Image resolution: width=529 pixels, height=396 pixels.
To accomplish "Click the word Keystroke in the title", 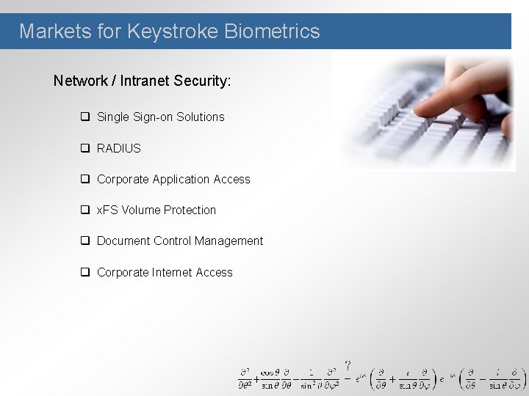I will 174,32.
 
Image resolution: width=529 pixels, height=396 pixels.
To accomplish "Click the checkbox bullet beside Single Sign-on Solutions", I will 85,117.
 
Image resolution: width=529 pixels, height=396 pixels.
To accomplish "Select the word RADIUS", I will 118,148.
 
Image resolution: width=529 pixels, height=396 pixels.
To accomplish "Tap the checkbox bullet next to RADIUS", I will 85,148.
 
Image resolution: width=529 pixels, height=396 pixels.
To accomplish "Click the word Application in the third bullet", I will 181,180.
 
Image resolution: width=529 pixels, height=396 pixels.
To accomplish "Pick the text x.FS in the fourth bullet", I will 107,210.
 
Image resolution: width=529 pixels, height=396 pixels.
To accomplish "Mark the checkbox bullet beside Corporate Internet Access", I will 85,272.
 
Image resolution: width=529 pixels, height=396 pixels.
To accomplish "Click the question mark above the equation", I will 348,364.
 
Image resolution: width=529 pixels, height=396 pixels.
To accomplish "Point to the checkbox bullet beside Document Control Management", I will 85,241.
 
